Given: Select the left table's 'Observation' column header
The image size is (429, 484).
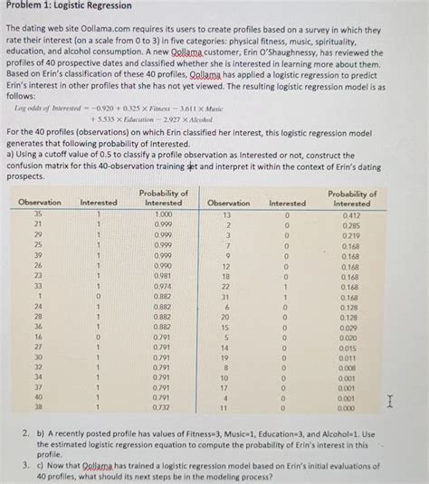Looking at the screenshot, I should pyautogui.click(x=40, y=203).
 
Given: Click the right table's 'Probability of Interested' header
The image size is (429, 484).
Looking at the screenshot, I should pyautogui.click(x=352, y=198).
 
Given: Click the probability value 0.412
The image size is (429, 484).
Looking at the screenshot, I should pyautogui.click(x=349, y=214).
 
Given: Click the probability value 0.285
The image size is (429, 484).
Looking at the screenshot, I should pyautogui.click(x=349, y=224).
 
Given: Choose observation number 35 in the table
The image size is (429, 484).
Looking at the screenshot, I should pyautogui.click(x=39, y=214).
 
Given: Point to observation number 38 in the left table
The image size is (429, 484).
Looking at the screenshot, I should pyautogui.click(x=39, y=407).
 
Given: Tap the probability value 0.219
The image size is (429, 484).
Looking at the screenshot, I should pyautogui.click(x=349, y=235).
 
